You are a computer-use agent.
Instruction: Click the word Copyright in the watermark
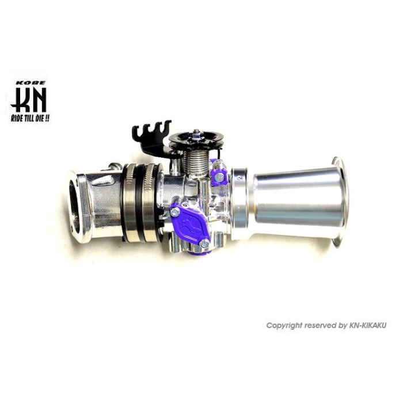(x=283, y=326)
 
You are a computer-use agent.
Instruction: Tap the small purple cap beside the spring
(x=217, y=177)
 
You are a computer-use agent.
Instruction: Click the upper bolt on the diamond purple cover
(x=174, y=212)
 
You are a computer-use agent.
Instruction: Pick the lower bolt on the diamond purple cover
(x=203, y=244)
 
